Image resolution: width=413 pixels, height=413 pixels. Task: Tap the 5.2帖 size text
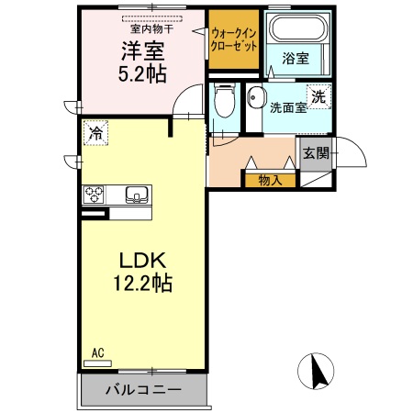tap(140, 74)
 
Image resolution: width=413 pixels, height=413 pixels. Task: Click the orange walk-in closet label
tap(233, 39)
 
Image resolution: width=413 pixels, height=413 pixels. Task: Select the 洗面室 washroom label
tap(286, 108)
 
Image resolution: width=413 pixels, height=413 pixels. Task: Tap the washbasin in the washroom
tap(255, 99)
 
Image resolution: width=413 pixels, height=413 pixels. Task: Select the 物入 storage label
tap(269, 179)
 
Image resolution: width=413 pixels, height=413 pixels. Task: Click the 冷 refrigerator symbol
tap(96, 133)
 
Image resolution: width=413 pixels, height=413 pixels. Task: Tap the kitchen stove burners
tap(95, 195)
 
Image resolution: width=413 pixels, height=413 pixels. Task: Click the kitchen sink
tap(136, 195)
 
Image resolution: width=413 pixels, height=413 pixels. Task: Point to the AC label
tap(97, 352)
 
